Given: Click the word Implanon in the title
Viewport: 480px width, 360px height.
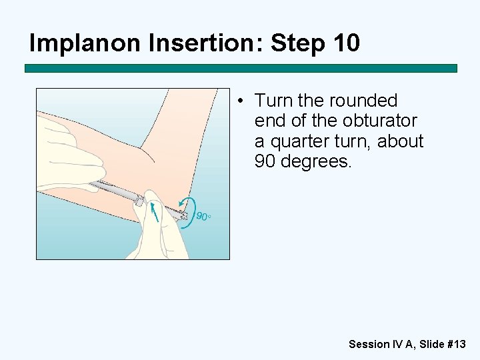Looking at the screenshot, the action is [x=85, y=43].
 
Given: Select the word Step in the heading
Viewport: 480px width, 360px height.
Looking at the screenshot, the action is [x=297, y=43].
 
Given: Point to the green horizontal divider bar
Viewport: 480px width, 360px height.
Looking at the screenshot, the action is [x=241, y=68].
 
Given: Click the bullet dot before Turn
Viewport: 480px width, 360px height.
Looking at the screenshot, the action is [x=241, y=101].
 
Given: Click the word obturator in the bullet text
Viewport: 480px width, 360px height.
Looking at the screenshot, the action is [x=379, y=121].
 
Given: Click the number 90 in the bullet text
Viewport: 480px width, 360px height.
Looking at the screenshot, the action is [x=265, y=161].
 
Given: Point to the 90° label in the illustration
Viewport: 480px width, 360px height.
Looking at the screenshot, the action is [x=203, y=216].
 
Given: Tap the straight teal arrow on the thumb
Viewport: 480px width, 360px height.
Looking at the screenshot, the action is [x=155, y=212].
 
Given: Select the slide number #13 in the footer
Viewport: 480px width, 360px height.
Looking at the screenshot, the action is [x=457, y=344].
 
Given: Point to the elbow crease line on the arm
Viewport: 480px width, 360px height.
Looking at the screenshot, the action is [x=147, y=155].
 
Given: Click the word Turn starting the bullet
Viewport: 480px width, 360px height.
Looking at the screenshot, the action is [x=273, y=101].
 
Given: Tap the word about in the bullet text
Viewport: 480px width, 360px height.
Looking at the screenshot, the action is [x=400, y=141].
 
